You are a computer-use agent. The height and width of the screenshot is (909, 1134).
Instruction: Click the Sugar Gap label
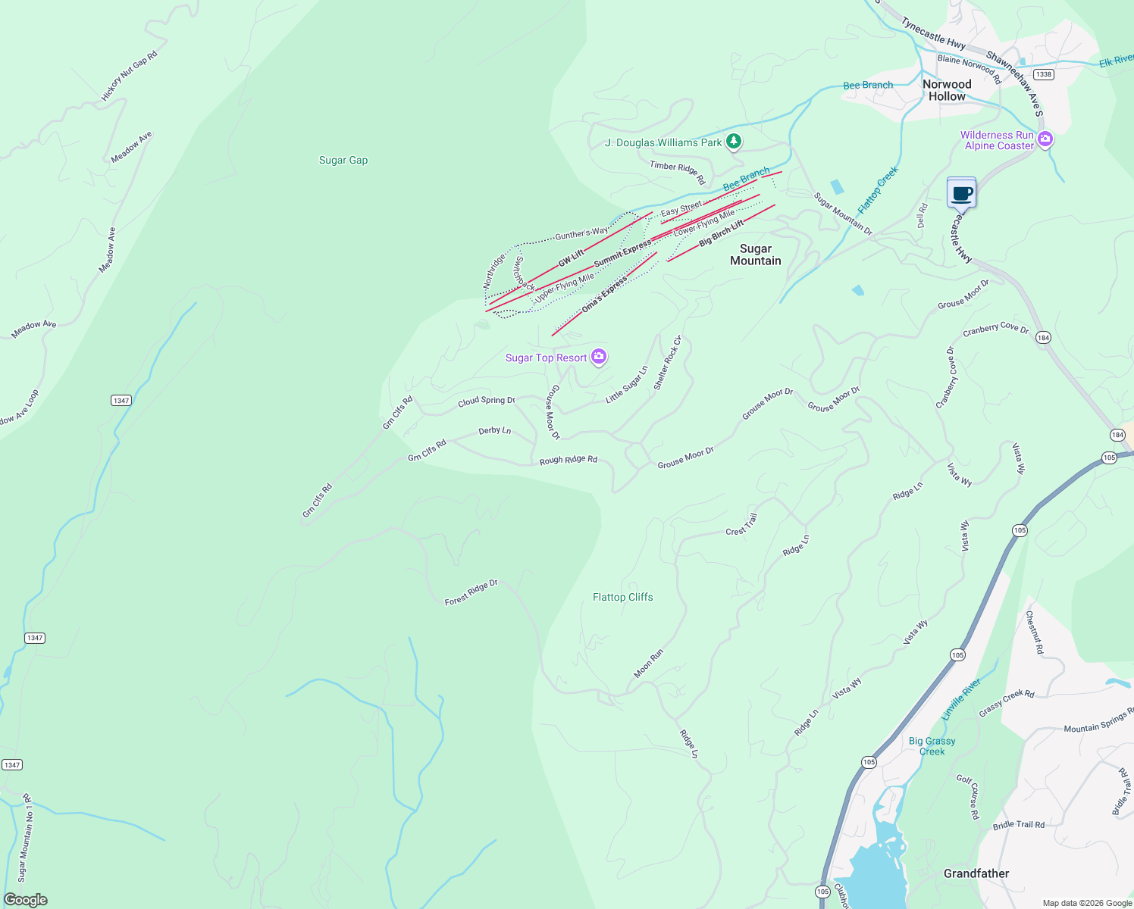(x=343, y=161)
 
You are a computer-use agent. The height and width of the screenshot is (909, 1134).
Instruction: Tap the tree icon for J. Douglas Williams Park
(x=733, y=142)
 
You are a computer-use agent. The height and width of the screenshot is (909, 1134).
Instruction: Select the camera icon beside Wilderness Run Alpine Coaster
(x=1045, y=139)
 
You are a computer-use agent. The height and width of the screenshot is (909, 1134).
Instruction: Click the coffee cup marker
(x=961, y=193)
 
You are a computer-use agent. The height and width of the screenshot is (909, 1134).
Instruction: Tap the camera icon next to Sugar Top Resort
(x=599, y=357)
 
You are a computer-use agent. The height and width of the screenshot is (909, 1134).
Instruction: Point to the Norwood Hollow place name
(x=947, y=90)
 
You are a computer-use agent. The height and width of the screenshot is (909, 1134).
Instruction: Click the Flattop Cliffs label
(x=622, y=597)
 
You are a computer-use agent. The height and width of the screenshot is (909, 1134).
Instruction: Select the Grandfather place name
(x=976, y=873)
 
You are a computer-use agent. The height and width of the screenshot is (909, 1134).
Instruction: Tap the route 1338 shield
(x=1044, y=74)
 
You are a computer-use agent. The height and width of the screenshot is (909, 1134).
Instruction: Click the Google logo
(x=25, y=899)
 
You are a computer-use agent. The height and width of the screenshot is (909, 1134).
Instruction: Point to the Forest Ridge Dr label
(x=471, y=592)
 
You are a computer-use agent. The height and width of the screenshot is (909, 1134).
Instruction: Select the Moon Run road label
(x=648, y=663)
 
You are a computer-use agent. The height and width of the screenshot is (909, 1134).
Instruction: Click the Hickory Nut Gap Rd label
(x=130, y=77)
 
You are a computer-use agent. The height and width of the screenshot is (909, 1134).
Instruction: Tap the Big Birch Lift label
(x=721, y=233)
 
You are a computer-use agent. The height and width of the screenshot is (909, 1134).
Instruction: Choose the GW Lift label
(x=571, y=258)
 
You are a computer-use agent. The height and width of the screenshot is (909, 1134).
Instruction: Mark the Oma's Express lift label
(x=604, y=295)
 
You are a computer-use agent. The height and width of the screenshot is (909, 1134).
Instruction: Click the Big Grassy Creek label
(x=932, y=746)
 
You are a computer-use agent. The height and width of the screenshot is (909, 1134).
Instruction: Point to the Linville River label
(x=961, y=699)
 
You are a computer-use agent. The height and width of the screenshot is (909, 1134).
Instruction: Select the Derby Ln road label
(x=494, y=430)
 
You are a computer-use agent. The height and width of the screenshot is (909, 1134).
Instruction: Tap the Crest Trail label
(x=741, y=525)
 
